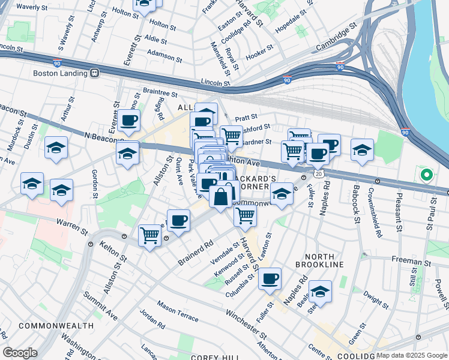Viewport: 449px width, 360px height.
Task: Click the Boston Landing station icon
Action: click(x=94, y=73)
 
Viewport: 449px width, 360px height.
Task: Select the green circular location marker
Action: click(x=426, y=175)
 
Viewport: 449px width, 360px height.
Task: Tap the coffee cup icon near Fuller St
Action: click(x=271, y=278)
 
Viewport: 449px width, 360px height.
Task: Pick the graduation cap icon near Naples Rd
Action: click(x=321, y=291)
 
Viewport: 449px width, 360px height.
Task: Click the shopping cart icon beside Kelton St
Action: click(x=150, y=235)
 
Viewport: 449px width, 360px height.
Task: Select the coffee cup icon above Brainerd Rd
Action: click(x=178, y=220)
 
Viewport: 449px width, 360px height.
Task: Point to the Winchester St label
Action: click(x=246, y=322)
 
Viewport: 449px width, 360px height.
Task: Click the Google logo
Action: click(x=20, y=353)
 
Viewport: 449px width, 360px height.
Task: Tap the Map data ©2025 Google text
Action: click(x=411, y=355)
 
